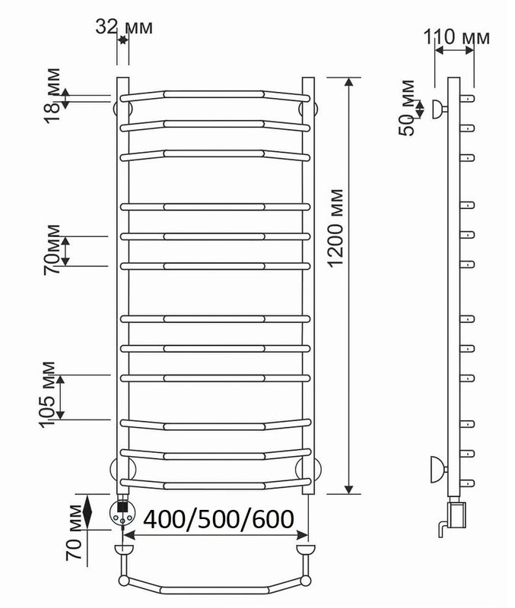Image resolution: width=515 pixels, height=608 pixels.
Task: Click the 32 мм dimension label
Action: tap(124, 27)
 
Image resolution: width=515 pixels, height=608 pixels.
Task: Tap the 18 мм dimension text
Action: tap(52, 96)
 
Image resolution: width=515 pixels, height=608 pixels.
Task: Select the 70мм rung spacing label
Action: tap(52, 250)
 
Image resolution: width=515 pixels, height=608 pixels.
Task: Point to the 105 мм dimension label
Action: tap(48, 394)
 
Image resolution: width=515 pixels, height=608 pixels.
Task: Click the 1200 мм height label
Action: tap(335, 228)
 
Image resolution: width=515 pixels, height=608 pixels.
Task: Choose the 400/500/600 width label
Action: tap(218, 519)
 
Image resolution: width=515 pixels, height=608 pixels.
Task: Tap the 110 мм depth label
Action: tap(456, 37)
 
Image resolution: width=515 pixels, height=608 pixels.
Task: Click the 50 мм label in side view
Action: tap(406, 107)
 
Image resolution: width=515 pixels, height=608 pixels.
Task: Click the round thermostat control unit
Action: tap(122, 511)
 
